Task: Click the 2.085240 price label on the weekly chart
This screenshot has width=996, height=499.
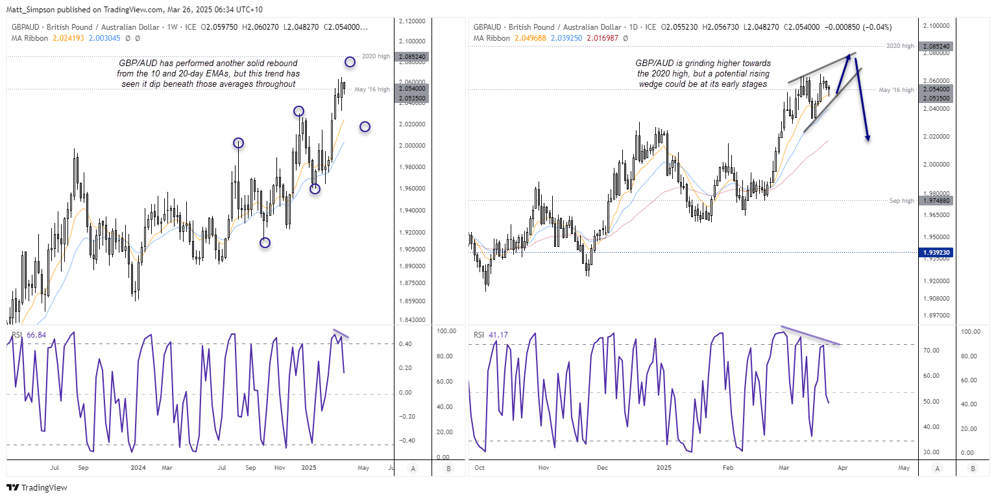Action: click(412, 56)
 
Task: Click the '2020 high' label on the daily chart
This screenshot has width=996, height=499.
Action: click(901, 46)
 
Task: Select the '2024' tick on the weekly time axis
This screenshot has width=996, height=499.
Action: click(138, 467)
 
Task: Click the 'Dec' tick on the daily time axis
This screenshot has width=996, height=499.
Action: click(602, 467)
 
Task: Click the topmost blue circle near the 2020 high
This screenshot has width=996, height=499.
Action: click(350, 62)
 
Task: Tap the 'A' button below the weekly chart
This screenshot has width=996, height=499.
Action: click(413, 468)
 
